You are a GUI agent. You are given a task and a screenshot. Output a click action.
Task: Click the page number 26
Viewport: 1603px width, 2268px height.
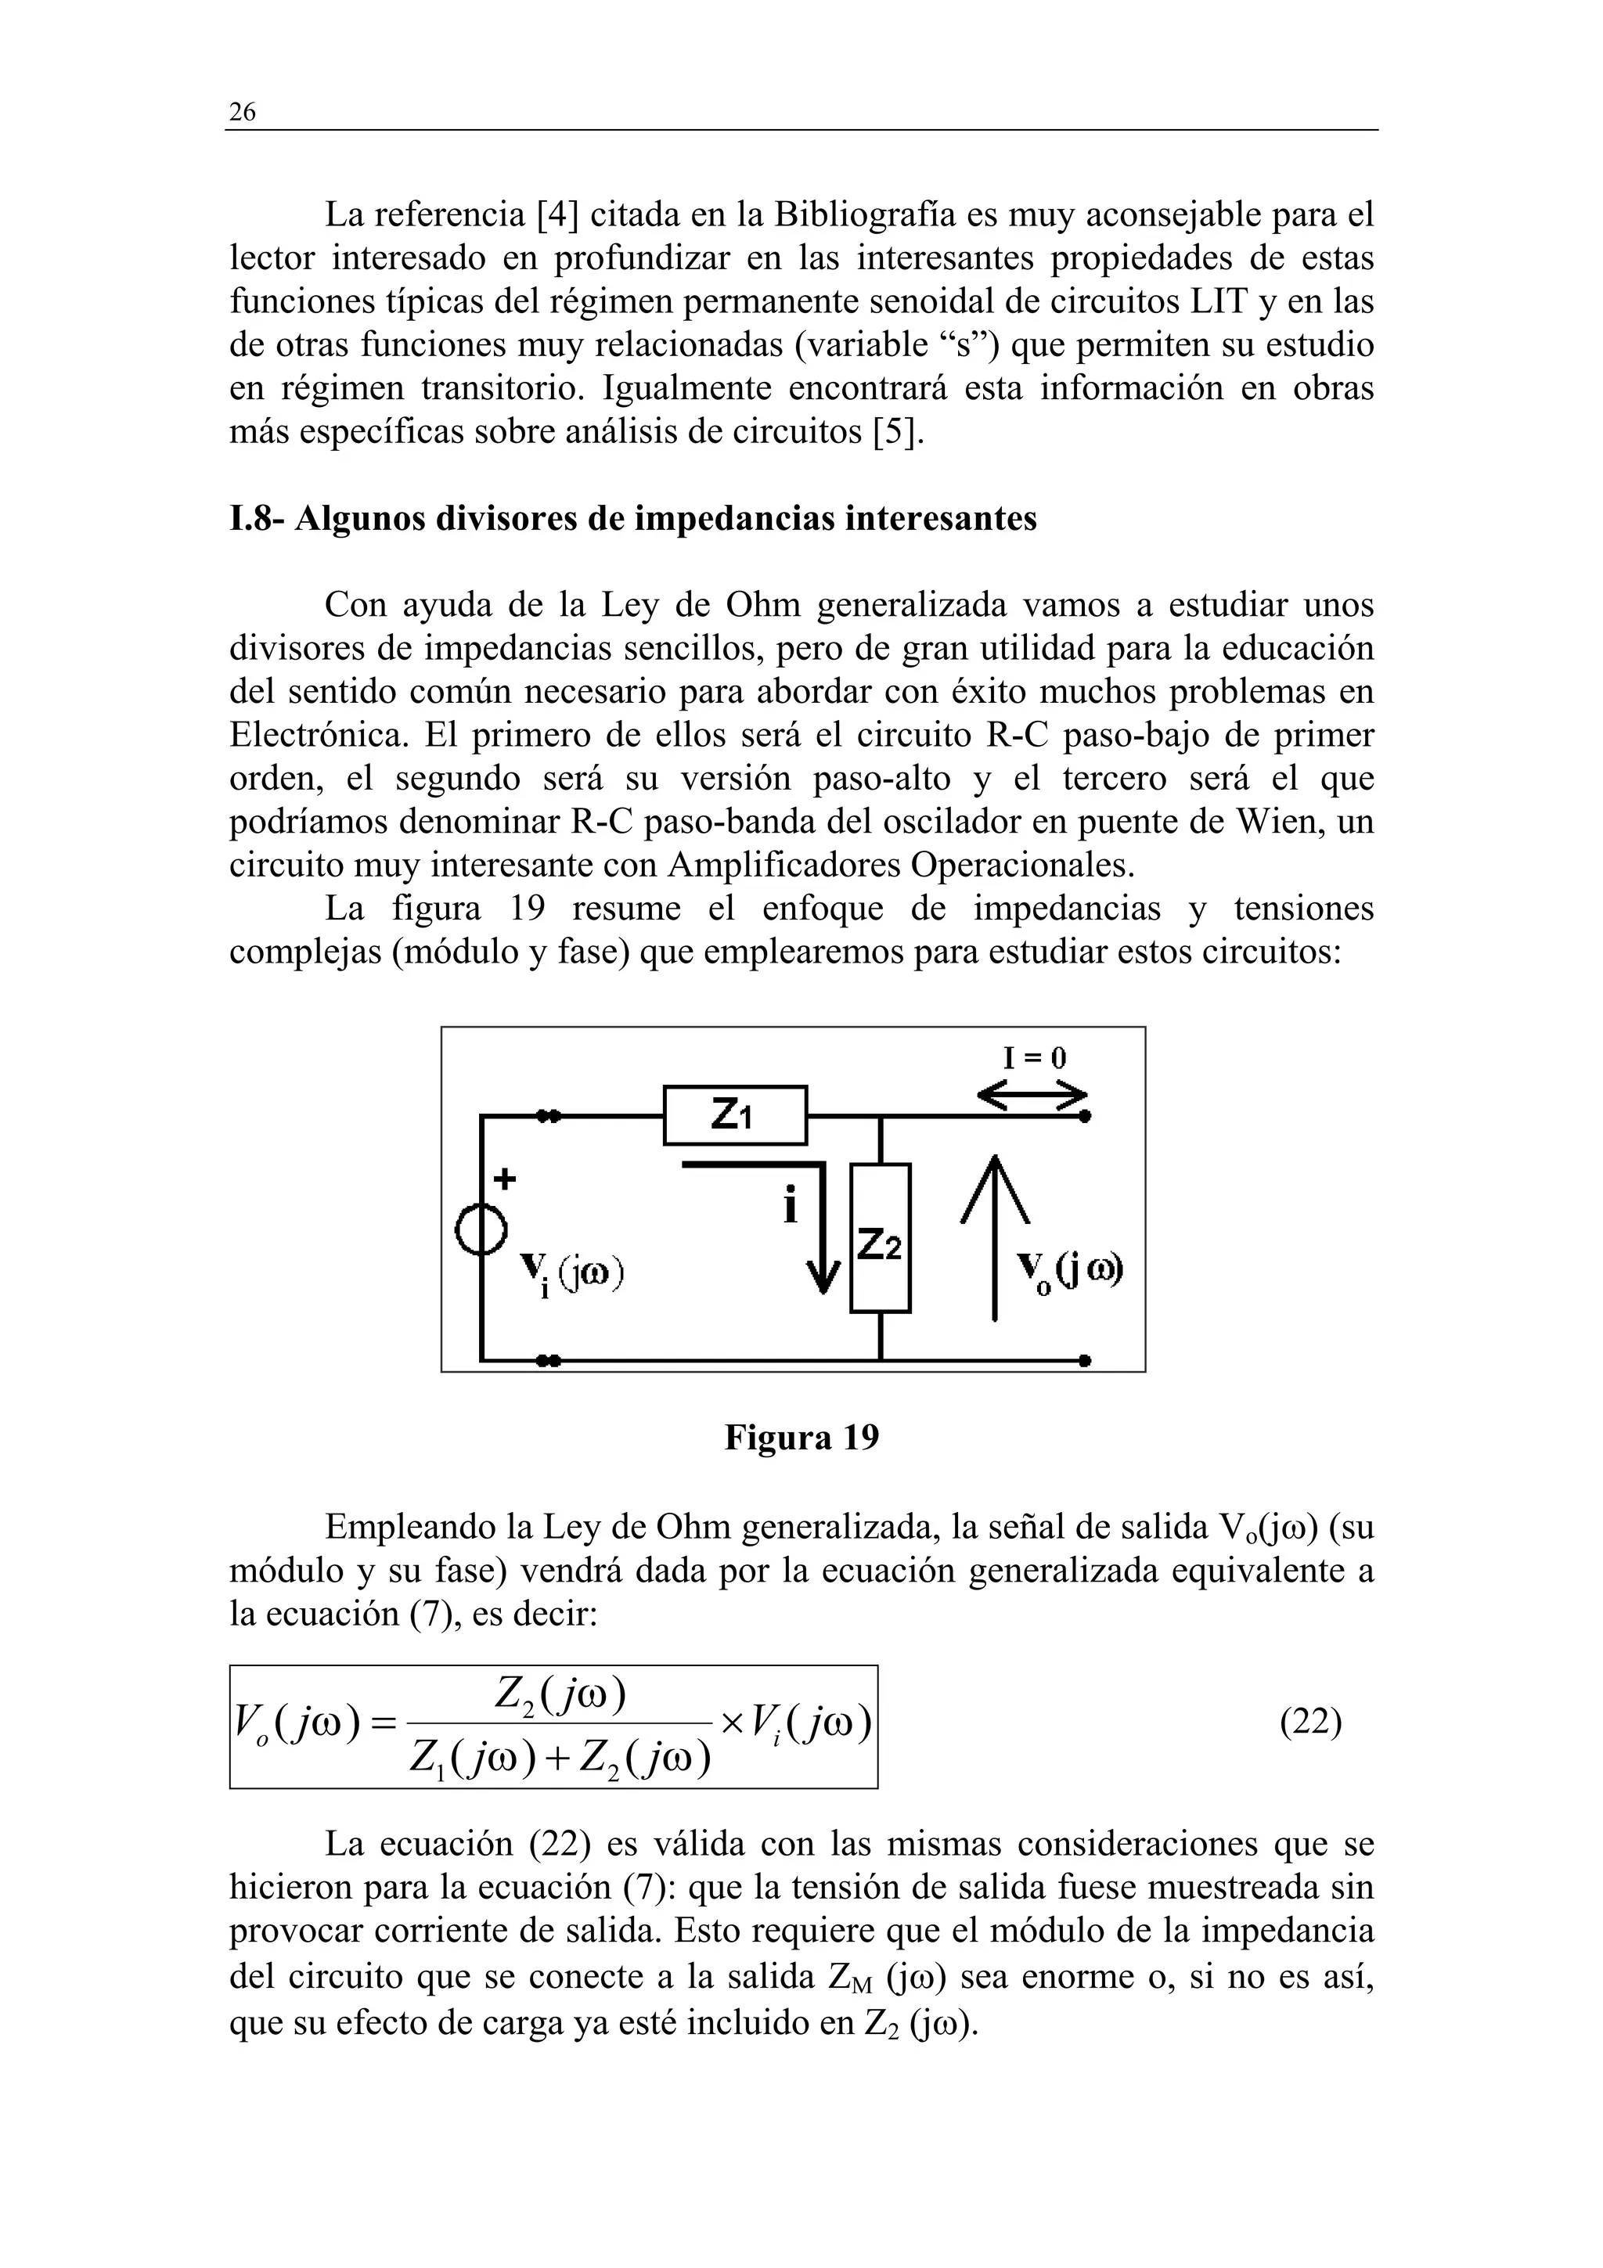click(242, 113)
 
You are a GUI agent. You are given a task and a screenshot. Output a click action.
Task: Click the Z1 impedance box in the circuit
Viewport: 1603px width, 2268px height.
click(735, 1115)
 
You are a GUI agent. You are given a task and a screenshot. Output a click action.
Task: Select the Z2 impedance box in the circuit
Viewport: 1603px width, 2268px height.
click(880, 1238)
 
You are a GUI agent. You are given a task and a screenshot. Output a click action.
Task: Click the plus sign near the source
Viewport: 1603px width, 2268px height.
click(505, 1179)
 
